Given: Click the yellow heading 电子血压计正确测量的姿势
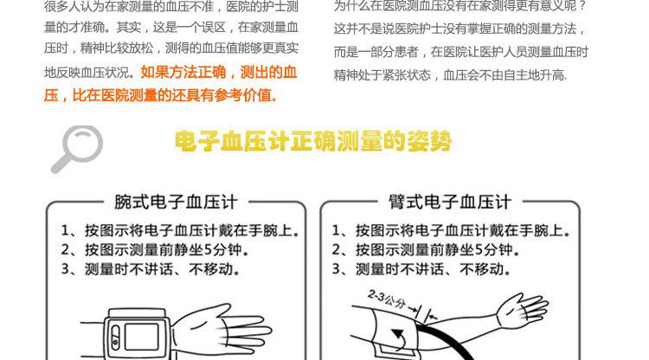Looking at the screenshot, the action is [x=313, y=142].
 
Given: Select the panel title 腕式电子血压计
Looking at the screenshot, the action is [x=176, y=202].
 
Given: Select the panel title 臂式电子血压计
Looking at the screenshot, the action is [x=450, y=202].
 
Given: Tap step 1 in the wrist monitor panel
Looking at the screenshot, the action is [x=181, y=230].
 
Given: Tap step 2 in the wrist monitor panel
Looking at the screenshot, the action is [x=155, y=250].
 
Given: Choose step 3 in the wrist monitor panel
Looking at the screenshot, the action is [x=151, y=269].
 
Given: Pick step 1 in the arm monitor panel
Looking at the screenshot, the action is [x=451, y=230].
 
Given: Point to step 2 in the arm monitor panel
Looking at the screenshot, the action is [x=426, y=250].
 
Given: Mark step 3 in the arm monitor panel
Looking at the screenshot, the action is [x=421, y=269].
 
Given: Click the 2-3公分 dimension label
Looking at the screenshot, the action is [x=387, y=299].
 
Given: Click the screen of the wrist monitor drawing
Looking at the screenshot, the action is [x=142, y=336].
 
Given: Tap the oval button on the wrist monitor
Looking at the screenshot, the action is [x=115, y=337].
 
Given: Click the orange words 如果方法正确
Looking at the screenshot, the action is [x=183, y=73].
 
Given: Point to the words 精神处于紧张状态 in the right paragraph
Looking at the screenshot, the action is [x=382, y=75].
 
